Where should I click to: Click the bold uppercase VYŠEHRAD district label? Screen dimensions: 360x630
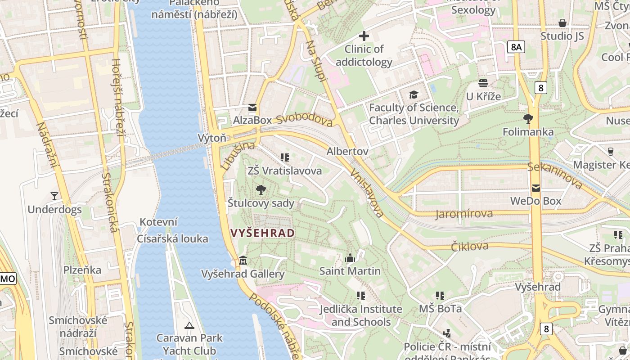[x=262, y=233]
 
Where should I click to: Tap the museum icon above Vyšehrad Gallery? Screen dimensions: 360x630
[x=243, y=261]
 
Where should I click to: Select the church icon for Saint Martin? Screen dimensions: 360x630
[x=350, y=258]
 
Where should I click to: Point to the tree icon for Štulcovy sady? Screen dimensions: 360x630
[x=261, y=190]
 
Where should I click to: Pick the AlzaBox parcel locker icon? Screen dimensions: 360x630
[x=252, y=108]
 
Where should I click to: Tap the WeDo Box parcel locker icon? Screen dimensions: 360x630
[x=535, y=188]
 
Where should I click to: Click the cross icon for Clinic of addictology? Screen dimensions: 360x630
[x=364, y=36]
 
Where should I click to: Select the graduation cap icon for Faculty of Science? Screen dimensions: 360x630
[x=414, y=94]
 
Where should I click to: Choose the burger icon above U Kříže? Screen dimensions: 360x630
[x=483, y=83]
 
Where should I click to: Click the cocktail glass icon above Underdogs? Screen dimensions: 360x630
[x=54, y=196]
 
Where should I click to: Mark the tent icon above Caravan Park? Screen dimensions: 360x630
[x=189, y=325]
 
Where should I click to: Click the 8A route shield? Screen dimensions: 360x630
[x=517, y=47]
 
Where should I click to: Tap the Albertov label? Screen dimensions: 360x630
[x=347, y=151]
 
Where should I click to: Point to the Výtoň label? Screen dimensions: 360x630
[x=212, y=138]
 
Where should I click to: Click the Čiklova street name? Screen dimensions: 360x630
[x=469, y=246]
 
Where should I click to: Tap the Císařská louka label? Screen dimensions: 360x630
[x=173, y=238]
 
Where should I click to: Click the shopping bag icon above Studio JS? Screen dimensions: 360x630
[x=562, y=23]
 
